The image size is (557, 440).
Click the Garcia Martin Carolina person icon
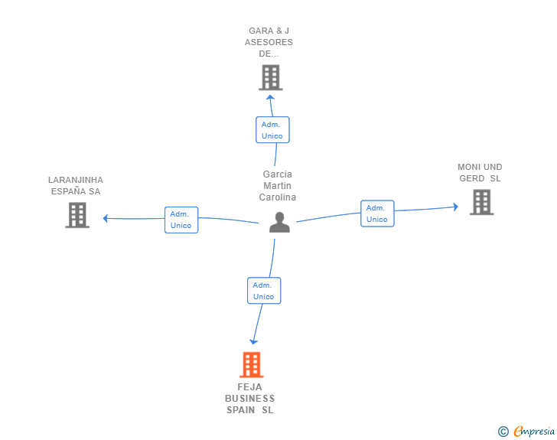pos(279,222)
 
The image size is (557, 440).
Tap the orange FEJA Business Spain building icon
pos(252,365)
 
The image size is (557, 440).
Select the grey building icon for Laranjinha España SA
pos(77,215)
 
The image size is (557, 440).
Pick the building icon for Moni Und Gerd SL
pos(482,202)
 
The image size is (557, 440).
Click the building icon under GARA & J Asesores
pos(271,77)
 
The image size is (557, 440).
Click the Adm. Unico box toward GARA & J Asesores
pos(272,130)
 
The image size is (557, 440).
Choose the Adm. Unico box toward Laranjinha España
pos(181,220)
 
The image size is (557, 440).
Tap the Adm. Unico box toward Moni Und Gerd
pos(377,213)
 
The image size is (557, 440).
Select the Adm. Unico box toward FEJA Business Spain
pos(264,291)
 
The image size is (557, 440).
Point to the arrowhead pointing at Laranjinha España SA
pos(105,218)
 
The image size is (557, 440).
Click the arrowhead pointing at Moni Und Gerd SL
pos(456,207)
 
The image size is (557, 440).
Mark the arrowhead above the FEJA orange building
pos(253,342)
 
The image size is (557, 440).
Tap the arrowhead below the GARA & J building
pos(270,97)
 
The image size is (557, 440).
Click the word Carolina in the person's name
pos(278,197)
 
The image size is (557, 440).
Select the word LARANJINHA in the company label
pos(76,180)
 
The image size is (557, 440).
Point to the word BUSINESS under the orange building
pos(249,399)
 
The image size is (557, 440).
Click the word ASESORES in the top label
pos(269,42)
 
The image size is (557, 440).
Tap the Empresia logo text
pos(534,432)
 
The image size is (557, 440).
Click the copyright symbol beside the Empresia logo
pos(503,432)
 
